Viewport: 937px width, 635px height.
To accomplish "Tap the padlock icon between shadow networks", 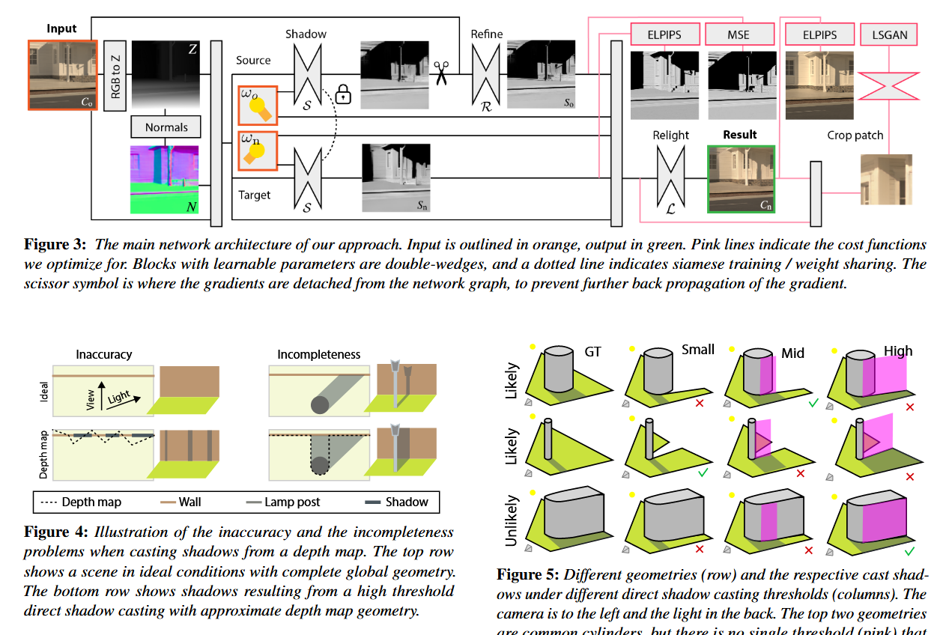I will point(343,94).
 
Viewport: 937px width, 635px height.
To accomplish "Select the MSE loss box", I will point(739,34).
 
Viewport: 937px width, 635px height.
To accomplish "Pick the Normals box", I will point(166,127).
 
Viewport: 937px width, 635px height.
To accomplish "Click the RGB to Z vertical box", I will point(115,76).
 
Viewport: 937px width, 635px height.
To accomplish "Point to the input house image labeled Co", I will point(62,75).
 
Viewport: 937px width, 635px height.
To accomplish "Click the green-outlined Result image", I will point(741,180).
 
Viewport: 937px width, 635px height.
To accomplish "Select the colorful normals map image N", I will point(166,180).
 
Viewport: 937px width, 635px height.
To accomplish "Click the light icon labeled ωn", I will point(258,151).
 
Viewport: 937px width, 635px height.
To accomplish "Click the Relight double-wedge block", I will point(670,180).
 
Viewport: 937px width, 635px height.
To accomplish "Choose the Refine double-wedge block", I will point(485,73).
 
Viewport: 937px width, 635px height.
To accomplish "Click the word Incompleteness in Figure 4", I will point(318,354).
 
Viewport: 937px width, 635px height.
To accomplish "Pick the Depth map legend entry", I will point(81,502).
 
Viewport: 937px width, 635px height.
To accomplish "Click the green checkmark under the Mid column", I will point(813,404).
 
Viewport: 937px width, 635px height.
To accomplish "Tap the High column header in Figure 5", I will point(897,350).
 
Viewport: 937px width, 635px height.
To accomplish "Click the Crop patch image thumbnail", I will point(886,180).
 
